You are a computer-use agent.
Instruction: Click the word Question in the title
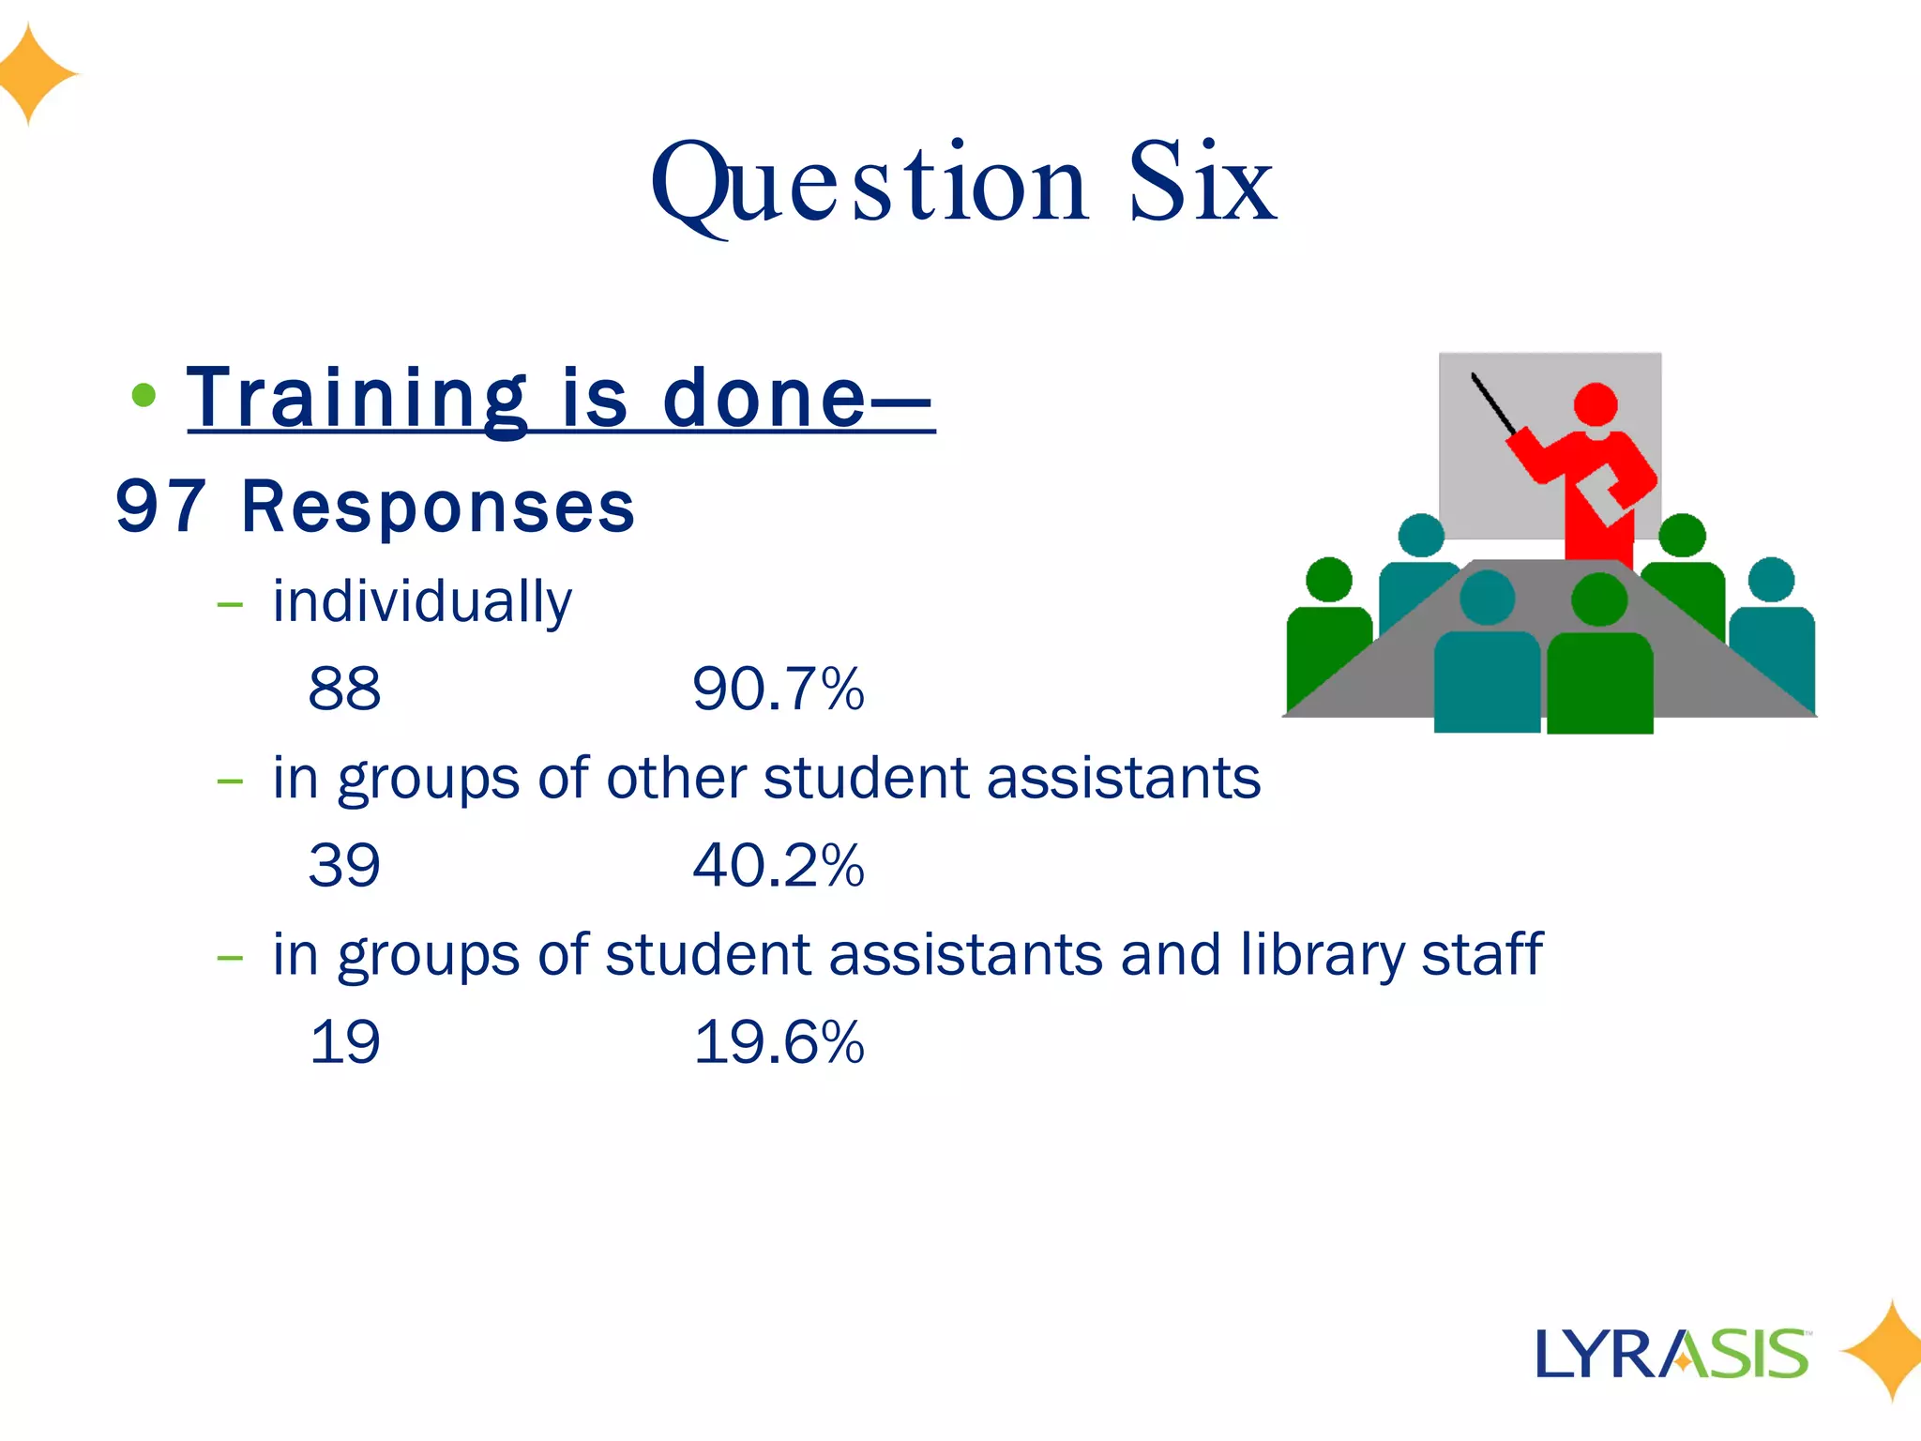(x=869, y=184)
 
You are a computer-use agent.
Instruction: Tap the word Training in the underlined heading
(x=357, y=399)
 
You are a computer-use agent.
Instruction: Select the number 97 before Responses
(x=160, y=507)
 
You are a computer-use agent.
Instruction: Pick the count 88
(x=344, y=689)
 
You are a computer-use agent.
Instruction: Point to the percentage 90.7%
(x=779, y=689)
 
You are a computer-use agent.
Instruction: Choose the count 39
(x=344, y=865)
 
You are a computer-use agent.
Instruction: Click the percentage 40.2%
(x=779, y=865)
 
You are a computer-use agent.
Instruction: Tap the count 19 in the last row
(x=344, y=1041)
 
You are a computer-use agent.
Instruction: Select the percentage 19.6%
(x=779, y=1041)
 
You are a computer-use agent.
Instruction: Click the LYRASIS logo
(x=1671, y=1354)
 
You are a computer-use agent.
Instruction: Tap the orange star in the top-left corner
(x=34, y=74)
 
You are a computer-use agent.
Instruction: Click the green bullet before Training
(x=144, y=395)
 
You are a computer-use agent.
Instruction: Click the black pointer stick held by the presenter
(x=1493, y=404)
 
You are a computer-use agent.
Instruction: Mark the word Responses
(x=438, y=507)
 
